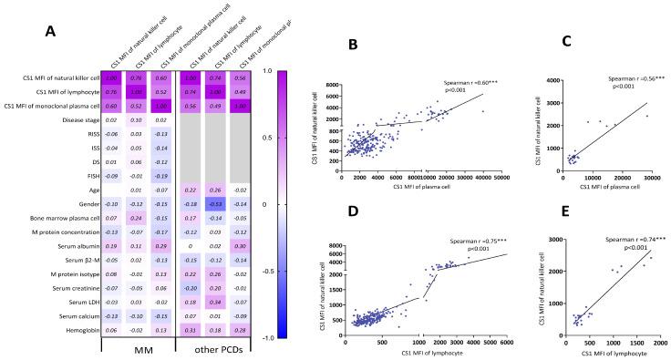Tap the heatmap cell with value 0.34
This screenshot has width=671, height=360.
click(219, 300)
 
